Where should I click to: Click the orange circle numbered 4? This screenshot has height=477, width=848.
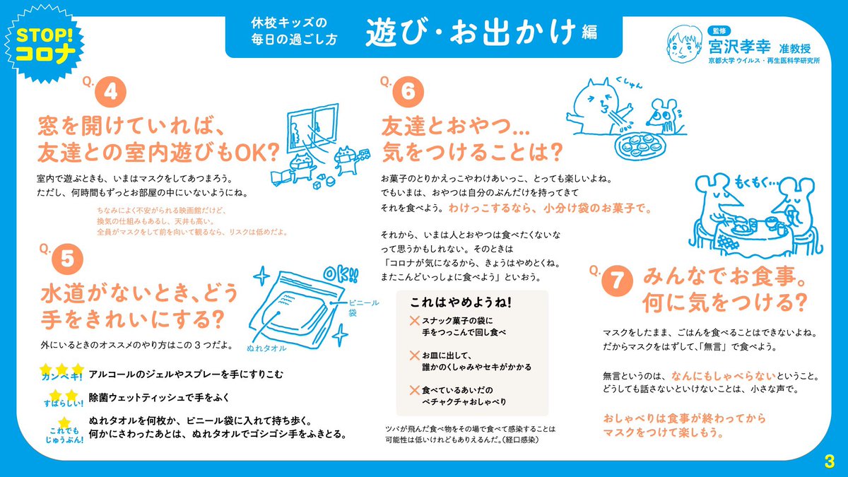(110, 92)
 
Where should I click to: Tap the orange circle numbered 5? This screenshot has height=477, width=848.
(67, 259)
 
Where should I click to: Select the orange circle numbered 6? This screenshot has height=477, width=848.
(408, 92)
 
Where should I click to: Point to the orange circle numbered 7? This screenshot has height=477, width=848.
(617, 281)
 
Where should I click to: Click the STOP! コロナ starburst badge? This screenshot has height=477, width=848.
(45, 44)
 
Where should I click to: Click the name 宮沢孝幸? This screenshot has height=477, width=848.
(739, 48)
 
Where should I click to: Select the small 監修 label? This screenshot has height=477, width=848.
(719, 31)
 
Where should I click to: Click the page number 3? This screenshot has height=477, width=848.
(829, 461)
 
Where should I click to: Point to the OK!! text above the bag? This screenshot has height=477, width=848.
(341, 274)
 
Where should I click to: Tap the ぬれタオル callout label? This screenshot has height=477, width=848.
(266, 348)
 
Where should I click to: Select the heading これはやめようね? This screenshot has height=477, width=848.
(461, 302)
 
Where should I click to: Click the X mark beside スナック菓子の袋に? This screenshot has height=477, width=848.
(415, 321)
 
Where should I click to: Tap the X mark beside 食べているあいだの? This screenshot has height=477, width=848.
(415, 390)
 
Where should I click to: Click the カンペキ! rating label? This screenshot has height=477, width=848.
(61, 377)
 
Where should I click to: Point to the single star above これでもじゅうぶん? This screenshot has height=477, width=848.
(64, 423)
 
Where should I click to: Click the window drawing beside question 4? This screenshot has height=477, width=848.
(312, 128)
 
